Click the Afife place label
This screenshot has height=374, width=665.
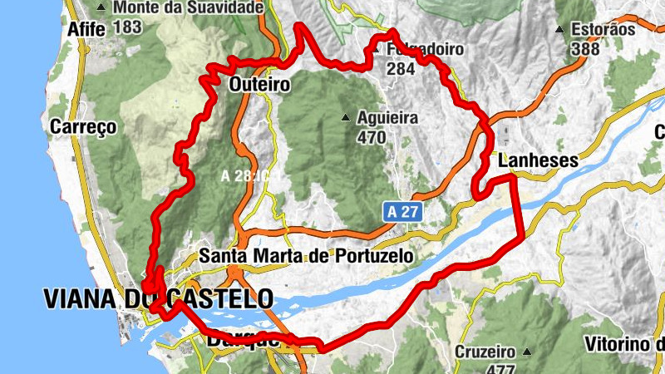pyautogui.click(x=86, y=27)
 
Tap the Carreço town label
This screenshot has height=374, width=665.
pyautogui.click(x=83, y=127)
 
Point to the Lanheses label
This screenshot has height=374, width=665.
pyautogui.click(x=537, y=161)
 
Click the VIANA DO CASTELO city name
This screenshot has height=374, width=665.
pyautogui.click(x=158, y=298)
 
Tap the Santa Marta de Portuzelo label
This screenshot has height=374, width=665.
pyautogui.click(x=307, y=256)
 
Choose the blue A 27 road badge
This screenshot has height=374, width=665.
pyautogui.click(x=402, y=213)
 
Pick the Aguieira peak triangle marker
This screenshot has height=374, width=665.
pyautogui.click(x=347, y=117)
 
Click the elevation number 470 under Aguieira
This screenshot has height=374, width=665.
pyautogui.click(x=371, y=137)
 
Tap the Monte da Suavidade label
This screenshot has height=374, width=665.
pyautogui.click(x=188, y=7)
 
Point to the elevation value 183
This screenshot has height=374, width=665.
pyautogui.click(x=127, y=27)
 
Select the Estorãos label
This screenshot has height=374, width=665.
pyautogui.click(x=603, y=29)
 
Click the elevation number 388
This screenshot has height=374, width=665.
pyautogui.click(x=585, y=49)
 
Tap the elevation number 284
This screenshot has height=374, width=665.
pyautogui.click(x=400, y=69)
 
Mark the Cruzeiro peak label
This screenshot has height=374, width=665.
pyautogui.click(x=484, y=352)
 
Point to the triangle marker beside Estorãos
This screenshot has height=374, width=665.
pyautogui.click(x=562, y=29)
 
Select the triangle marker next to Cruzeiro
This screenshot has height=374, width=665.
pyautogui.click(x=526, y=351)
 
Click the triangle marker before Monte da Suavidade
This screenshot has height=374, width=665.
pyautogui.click(x=101, y=8)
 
